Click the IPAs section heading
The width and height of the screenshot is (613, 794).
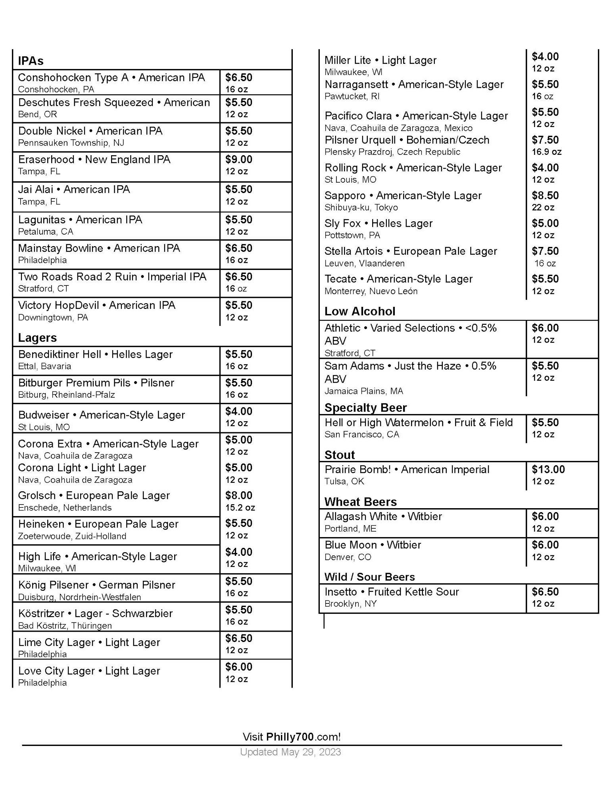pos(31,61)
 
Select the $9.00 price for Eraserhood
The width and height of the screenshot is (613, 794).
pos(238,160)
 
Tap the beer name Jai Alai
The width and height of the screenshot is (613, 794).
pos(36,189)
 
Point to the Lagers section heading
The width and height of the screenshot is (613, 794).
pos(37,338)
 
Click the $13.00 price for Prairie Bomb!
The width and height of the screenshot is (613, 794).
pos(548,469)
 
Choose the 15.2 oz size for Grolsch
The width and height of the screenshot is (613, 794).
pos(240,507)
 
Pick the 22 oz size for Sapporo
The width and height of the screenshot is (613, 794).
pos(543,207)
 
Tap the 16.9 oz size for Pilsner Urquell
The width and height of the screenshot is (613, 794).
pos(546,152)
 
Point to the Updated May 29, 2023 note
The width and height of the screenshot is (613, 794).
pos(290,752)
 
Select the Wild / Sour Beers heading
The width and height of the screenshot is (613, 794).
pos(369,577)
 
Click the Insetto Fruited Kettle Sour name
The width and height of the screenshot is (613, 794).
pos(391,592)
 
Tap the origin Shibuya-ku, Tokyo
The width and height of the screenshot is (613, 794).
pos(361,207)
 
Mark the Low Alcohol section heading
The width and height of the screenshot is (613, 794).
pos(359,311)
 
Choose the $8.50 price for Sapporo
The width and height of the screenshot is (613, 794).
pos(545,195)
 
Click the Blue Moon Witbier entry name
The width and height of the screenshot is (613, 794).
pos(373,545)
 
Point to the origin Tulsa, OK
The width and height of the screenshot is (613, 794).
pos(344,481)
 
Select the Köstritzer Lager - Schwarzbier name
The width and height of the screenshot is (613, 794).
pos(95,613)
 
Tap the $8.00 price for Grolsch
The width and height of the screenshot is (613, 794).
pos(238,495)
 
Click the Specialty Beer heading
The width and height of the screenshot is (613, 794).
pos(365,408)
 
